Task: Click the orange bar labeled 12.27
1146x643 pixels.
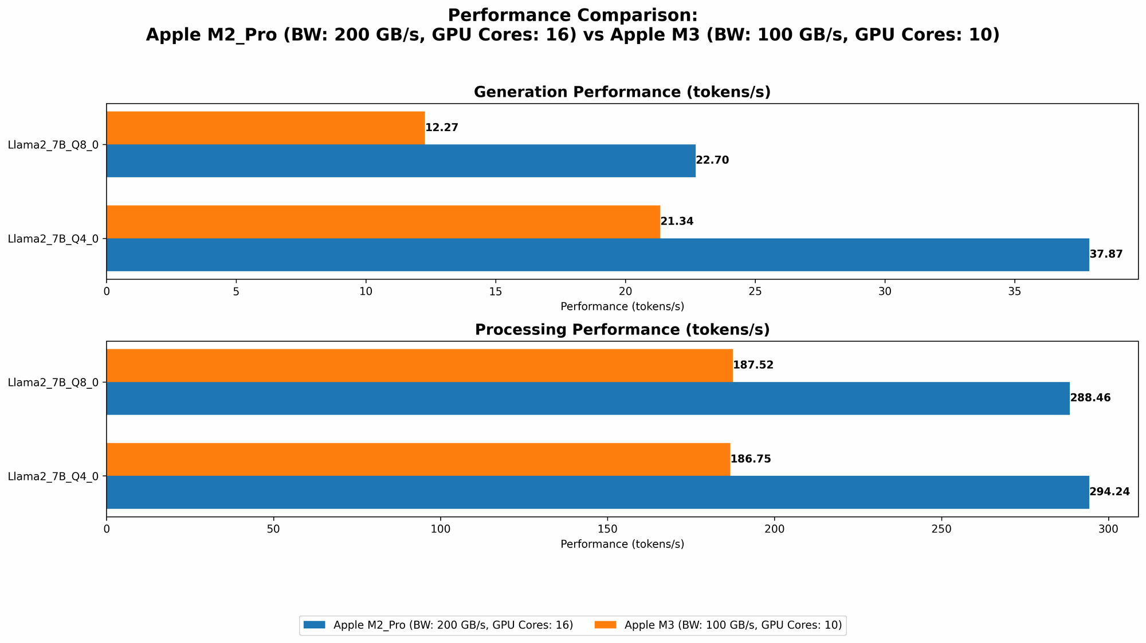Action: pyautogui.click(x=265, y=128)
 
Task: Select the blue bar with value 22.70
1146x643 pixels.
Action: pyautogui.click(x=401, y=160)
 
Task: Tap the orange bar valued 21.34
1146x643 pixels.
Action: pyautogui.click(x=383, y=222)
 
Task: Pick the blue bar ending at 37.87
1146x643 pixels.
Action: pyautogui.click(x=597, y=254)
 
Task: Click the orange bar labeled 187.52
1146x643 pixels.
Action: pyautogui.click(x=419, y=365)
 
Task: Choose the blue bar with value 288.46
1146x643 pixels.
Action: pyautogui.click(x=587, y=398)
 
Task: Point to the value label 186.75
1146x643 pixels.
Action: pyautogui.click(x=751, y=459)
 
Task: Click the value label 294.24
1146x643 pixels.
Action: pyautogui.click(x=1109, y=492)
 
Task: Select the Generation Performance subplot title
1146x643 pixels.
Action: pyautogui.click(x=622, y=92)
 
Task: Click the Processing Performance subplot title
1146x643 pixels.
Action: pyautogui.click(x=622, y=330)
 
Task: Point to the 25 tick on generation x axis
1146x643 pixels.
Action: pyautogui.click(x=755, y=291)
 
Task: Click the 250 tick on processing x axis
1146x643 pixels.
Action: pyautogui.click(x=941, y=529)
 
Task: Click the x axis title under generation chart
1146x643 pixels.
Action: pyautogui.click(x=622, y=306)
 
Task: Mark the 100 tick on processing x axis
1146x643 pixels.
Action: pyautogui.click(x=440, y=529)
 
